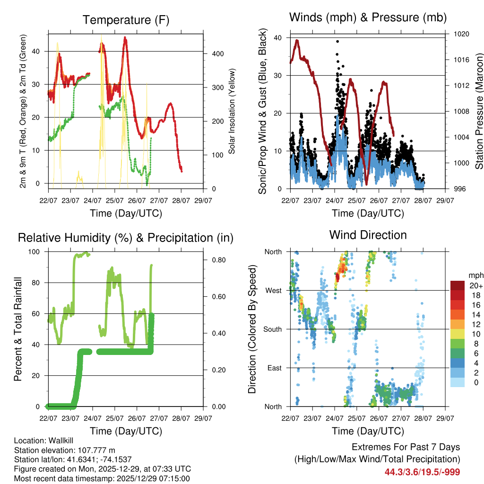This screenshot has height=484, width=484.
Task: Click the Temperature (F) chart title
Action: [126, 20]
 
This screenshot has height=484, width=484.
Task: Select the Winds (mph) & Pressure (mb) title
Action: [368, 17]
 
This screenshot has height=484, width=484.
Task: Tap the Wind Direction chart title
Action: [368, 234]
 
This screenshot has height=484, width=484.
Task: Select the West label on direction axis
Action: [273, 290]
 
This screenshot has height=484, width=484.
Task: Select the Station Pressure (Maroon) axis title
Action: [478, 112]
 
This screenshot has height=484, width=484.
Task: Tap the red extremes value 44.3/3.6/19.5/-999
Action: [422, 472]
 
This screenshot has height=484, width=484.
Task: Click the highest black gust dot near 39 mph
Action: [337, 42]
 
